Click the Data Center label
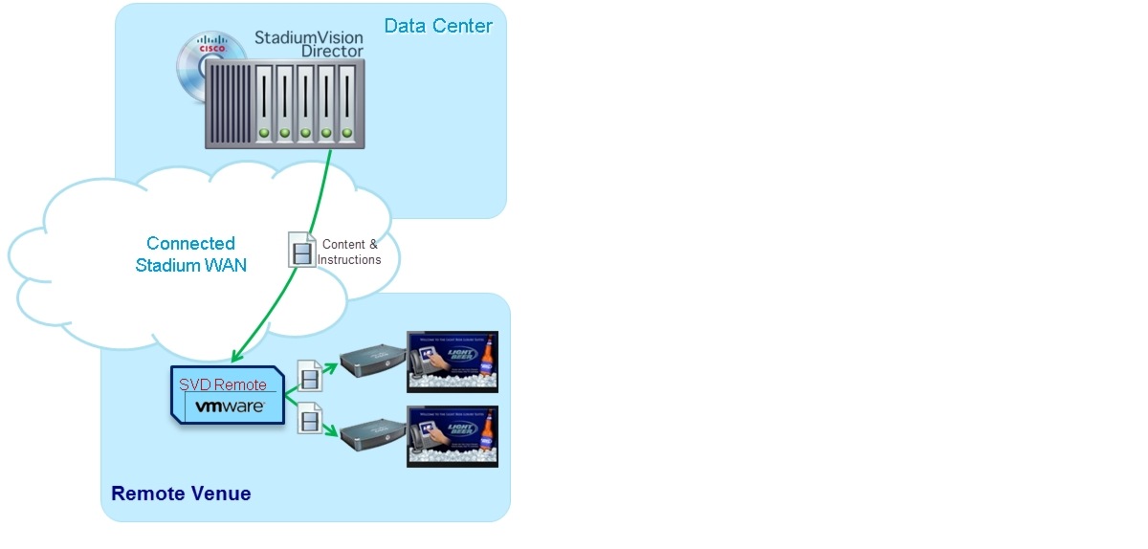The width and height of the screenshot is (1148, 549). [x=438, y=26]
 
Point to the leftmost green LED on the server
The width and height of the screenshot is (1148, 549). [x=264, y=133]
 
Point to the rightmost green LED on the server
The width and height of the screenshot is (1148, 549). [x=346, y=133]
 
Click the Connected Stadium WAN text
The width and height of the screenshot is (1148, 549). [x=191, y=254]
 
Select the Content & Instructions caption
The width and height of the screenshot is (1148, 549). [x=349, y=253]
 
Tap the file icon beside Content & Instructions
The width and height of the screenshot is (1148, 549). [x=301, y=251]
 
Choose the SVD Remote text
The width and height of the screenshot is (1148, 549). [x=223, y=384]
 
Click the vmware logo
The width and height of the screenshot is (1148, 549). [x=230, y=406]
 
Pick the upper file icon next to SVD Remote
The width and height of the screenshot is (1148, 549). [x=310, y=376]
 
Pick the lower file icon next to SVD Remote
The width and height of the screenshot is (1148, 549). [x=310, y=419]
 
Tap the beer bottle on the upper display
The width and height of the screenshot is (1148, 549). [x=486, y=362]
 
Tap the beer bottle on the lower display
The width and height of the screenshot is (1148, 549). [x=486, y=436]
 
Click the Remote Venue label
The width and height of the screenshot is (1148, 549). [x=181, y=494]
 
